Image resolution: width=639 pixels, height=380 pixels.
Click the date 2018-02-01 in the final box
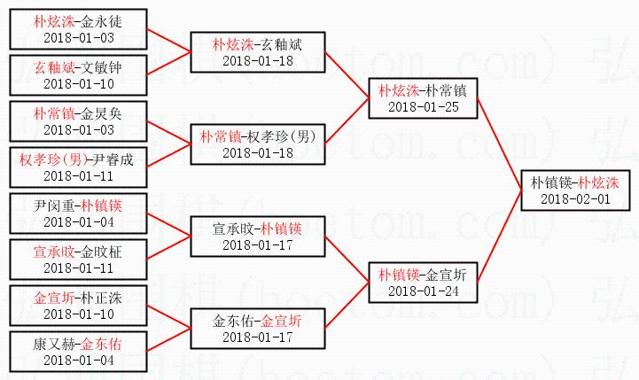click(575, 199)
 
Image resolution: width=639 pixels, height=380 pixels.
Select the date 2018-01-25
click(423, 106)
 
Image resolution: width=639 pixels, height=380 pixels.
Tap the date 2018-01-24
click(423, 291)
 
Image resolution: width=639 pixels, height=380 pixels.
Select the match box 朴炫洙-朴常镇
click(423, 98)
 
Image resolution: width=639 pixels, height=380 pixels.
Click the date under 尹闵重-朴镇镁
click(78, 221)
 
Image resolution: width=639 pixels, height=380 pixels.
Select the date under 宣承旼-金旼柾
click(78, 268)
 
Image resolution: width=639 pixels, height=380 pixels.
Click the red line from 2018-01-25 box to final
click(501, 142)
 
